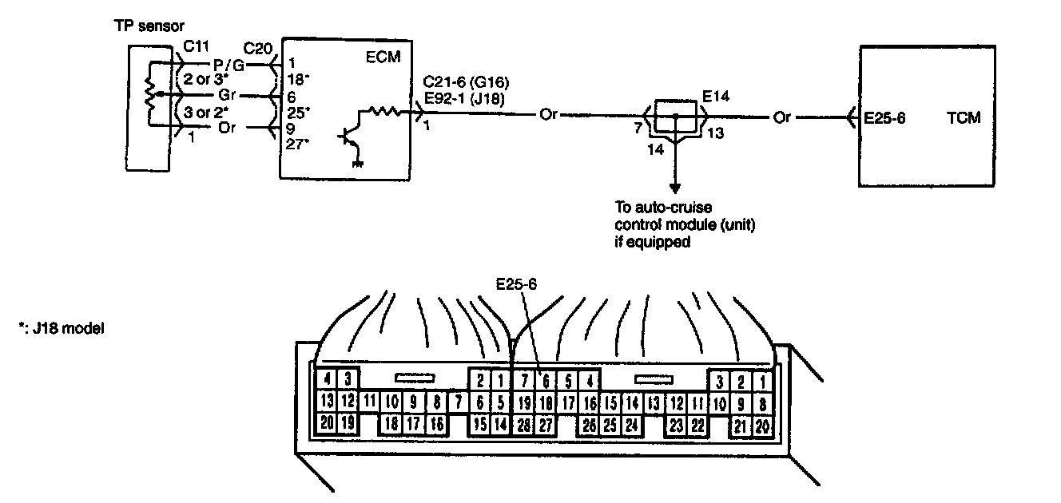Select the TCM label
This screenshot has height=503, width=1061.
pyautogui.click(x=964, y=118)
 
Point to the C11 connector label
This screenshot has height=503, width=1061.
pyautogui.click(x=197, y=46)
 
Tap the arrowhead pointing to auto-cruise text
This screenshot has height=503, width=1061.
pyautogui.click(x=676, y=189)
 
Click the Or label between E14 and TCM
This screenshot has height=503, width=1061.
pyautogui.click(x=781, y=117)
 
